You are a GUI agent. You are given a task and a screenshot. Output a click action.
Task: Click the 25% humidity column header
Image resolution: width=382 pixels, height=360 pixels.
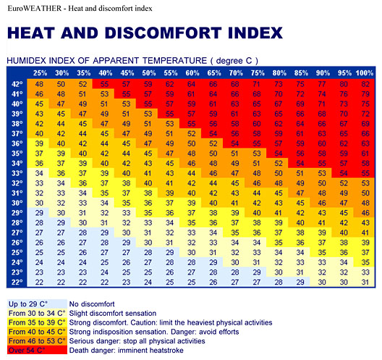coord(41,73)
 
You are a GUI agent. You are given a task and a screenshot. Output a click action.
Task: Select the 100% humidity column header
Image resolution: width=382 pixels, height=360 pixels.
coord(365,73)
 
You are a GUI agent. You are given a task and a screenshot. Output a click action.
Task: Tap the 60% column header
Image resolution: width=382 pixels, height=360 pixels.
coord(192,73)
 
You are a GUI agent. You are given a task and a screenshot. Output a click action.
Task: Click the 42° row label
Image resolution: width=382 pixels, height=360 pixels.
coord(17,84)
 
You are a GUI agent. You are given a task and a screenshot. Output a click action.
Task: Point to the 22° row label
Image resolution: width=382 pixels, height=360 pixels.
coord(17,282)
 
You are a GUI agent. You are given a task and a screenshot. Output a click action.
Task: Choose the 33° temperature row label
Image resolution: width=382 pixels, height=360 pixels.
coord(17,173)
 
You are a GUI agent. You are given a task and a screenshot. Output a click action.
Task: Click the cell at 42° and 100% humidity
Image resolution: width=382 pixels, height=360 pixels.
coord(365,84)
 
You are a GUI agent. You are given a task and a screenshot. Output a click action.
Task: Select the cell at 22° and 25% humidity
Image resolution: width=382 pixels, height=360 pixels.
coord(39,282)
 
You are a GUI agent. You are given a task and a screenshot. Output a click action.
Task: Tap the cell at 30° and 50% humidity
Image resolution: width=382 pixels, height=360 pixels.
coord(148,203)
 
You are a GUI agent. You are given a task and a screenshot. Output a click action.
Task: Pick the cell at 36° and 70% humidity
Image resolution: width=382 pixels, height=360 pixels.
coord(235,143)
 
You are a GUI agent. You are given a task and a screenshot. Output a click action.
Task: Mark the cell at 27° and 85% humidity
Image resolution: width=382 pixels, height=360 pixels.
coord(300,233)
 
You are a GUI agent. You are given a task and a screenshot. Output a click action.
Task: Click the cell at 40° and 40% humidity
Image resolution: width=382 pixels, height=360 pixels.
coord(104,104)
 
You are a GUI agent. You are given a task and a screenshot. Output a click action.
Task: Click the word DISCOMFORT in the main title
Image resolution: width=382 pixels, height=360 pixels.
coord(163,33)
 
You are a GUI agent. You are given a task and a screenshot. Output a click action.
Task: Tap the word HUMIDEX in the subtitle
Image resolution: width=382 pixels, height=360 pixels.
coord(27,61)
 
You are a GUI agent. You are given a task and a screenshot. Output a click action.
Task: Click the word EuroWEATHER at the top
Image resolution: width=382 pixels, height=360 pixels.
coord(35,8)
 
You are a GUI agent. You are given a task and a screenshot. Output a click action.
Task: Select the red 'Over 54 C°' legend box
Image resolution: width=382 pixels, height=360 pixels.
coord(37,350)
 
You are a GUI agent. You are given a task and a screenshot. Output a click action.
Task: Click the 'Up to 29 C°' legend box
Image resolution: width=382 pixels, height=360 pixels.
coord(37,304)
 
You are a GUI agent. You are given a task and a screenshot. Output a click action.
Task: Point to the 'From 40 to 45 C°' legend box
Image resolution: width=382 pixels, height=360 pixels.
coord(37,332)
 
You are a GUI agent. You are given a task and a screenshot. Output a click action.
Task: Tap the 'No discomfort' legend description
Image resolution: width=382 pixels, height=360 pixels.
coord(92,304)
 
